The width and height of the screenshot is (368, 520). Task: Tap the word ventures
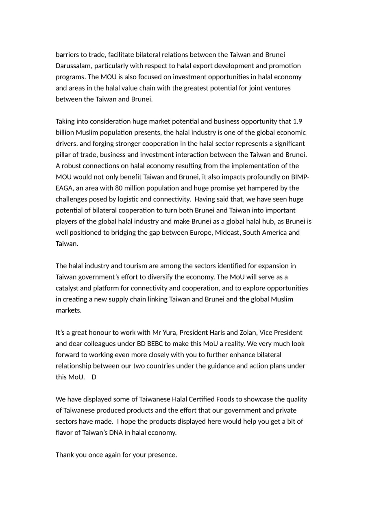[x=278, y=88]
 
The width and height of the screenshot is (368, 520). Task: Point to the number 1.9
[x=297, y=121]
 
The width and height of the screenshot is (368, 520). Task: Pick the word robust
[x=72, y=166]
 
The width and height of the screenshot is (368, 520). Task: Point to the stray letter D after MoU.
[x=94, y=377]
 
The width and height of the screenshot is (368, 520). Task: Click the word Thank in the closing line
[x=65, y=455]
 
